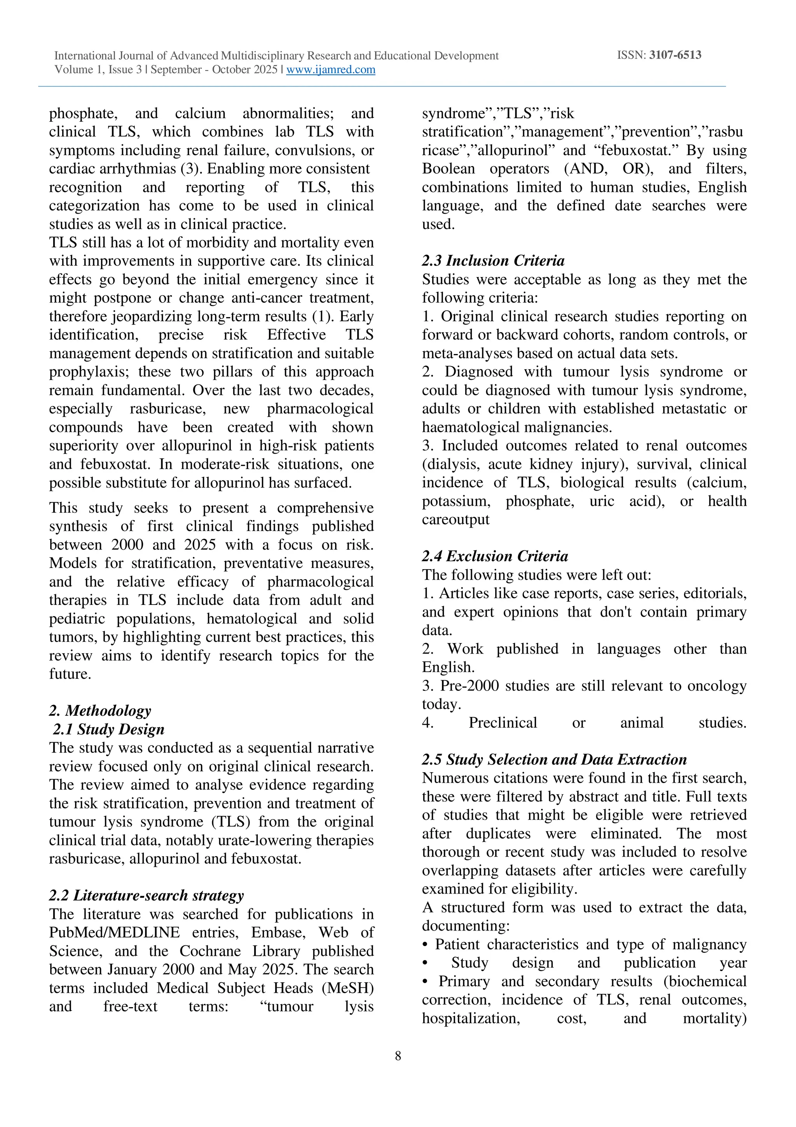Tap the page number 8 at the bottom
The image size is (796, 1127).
coord(398,1056)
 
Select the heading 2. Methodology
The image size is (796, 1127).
coord(100,710)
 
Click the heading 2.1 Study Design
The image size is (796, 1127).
coord(108,729)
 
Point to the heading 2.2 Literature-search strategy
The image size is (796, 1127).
coord(146,895)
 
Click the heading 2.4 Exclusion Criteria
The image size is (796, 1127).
coord(495,556)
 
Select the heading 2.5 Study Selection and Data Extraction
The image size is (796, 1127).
coord(554,759)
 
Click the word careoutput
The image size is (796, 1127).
coord(456,519)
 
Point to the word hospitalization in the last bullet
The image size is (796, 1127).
coord(470,1018)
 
